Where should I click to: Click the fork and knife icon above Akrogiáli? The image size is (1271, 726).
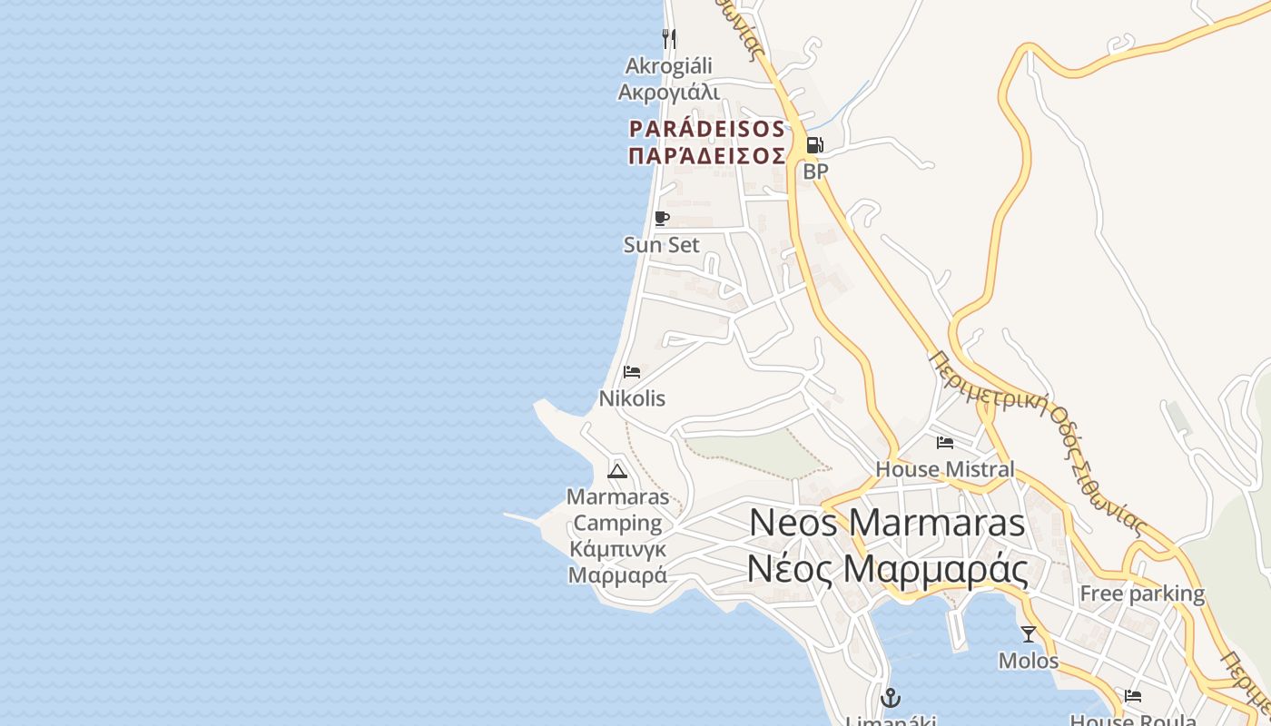(669, 38)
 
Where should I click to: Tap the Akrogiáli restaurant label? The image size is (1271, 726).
(669, 66)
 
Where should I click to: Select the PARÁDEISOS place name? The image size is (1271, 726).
(707, 128)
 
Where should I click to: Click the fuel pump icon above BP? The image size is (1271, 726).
(814, 145)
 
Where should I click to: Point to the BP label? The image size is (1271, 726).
(815, 171)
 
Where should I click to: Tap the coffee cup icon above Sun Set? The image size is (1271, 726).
(661, 219)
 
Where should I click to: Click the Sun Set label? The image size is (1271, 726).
(662, 245)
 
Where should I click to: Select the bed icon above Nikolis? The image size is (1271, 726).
(632, 372)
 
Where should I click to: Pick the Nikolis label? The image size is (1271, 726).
(632, 398)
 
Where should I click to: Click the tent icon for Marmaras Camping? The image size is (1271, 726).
(617, 470)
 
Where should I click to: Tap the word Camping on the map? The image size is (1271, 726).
(617, 523)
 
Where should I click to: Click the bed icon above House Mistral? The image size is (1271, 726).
(945, 443)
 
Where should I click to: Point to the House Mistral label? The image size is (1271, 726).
(945, 469)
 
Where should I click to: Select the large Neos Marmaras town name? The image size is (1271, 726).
(887, 523)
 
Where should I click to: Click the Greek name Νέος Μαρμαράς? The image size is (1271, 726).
(887, 570)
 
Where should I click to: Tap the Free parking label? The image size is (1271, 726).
(1141, 594)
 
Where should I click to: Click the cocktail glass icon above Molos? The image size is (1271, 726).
(1029, 633)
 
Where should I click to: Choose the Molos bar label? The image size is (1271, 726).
(1029, 661)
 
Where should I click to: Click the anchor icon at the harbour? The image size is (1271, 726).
(891, 698)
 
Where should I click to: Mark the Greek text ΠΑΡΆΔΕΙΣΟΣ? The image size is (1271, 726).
(707, 155)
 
